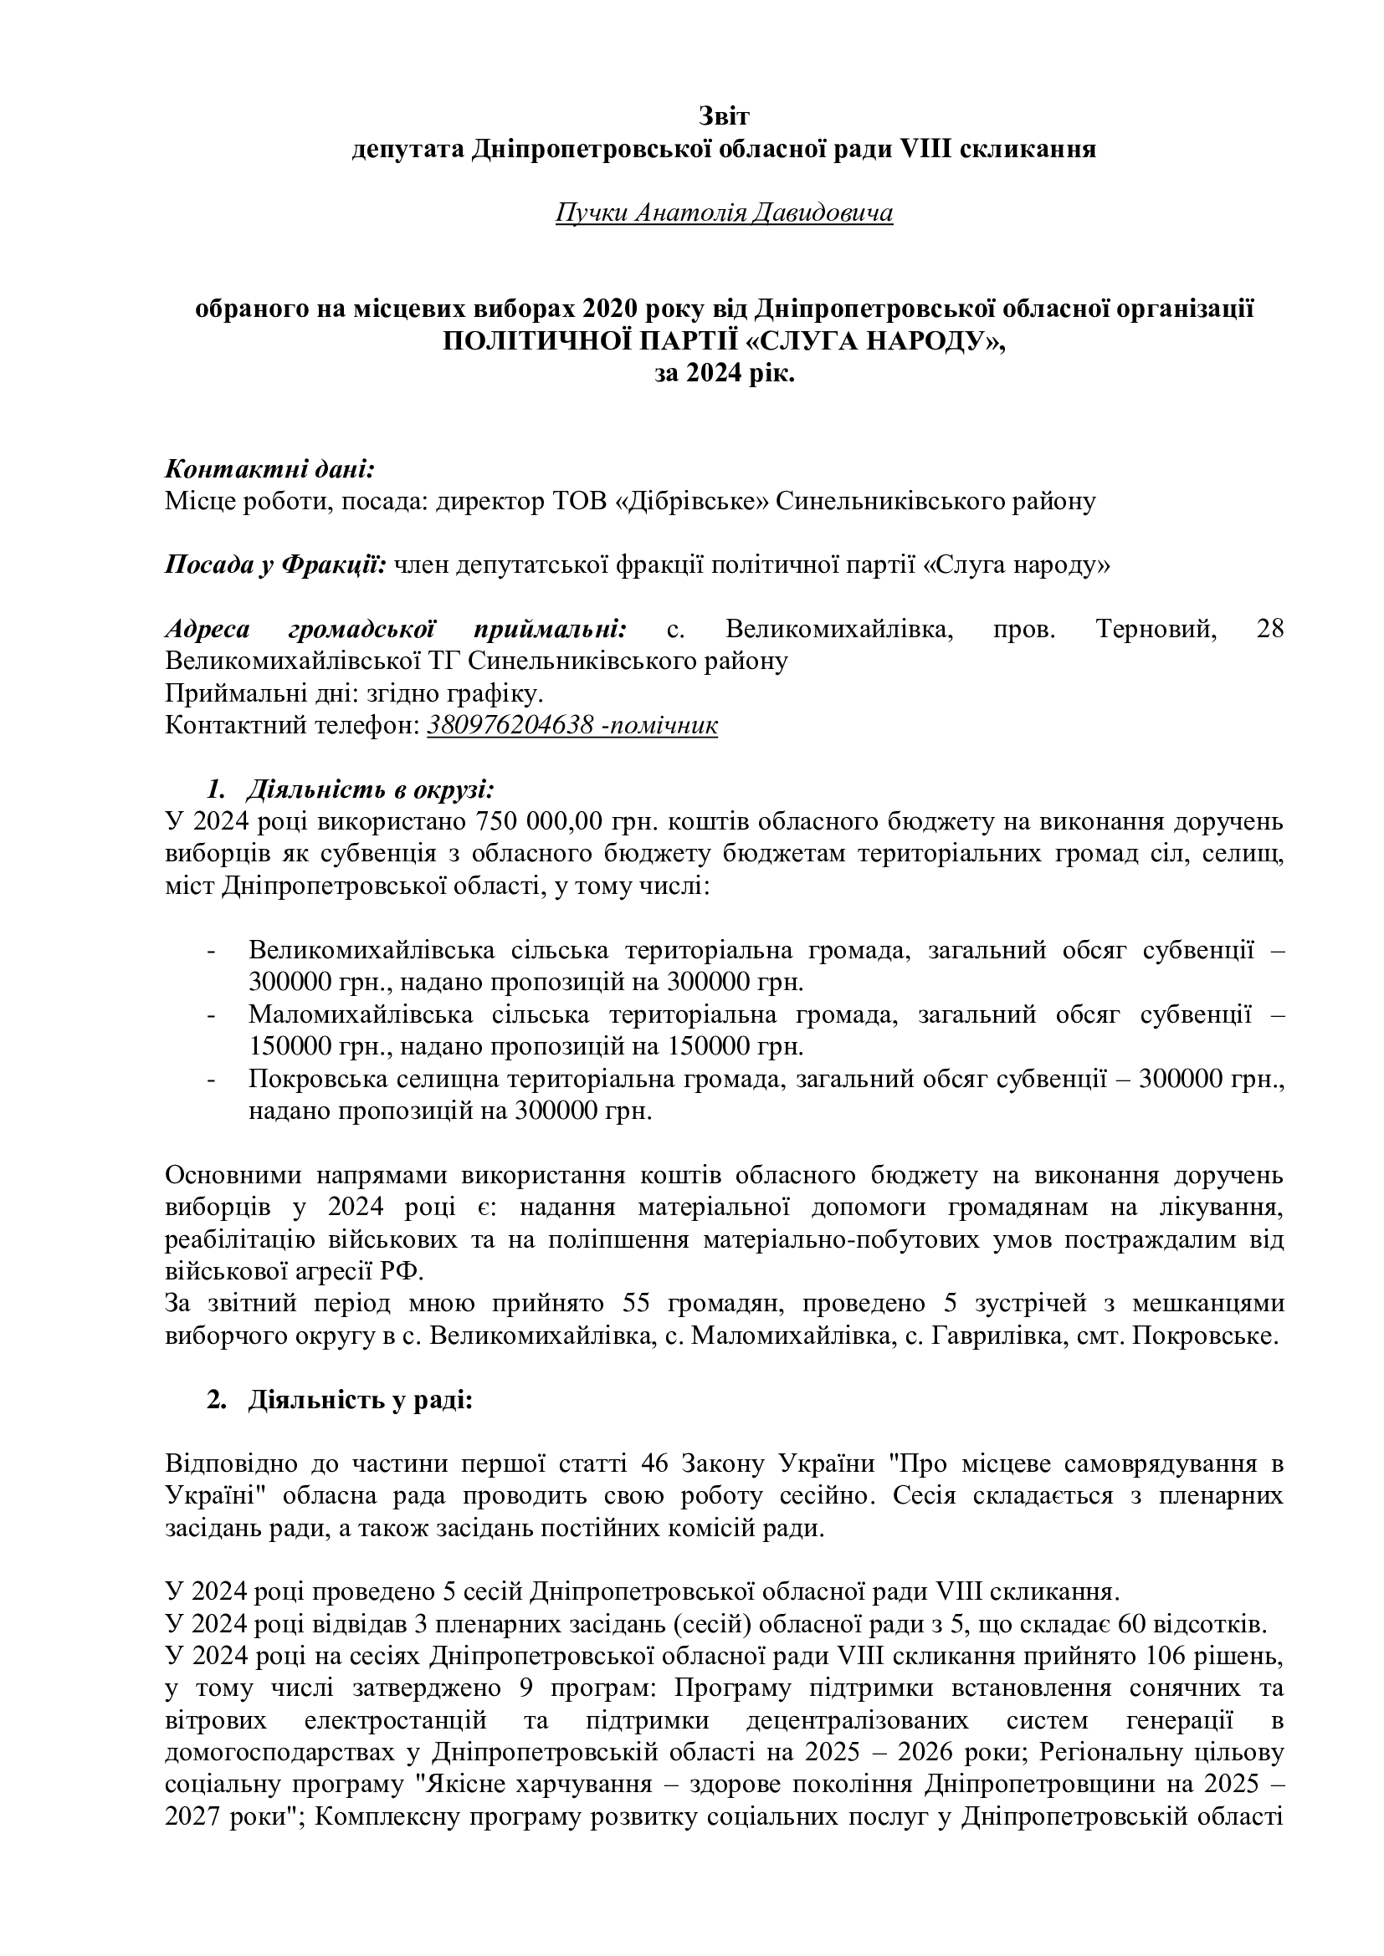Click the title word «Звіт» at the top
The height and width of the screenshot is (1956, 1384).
[x=724, y=115]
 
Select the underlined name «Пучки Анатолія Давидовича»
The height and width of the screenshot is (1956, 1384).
[x=724, y=212]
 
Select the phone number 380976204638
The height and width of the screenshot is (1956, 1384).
[x=510, y=725]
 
